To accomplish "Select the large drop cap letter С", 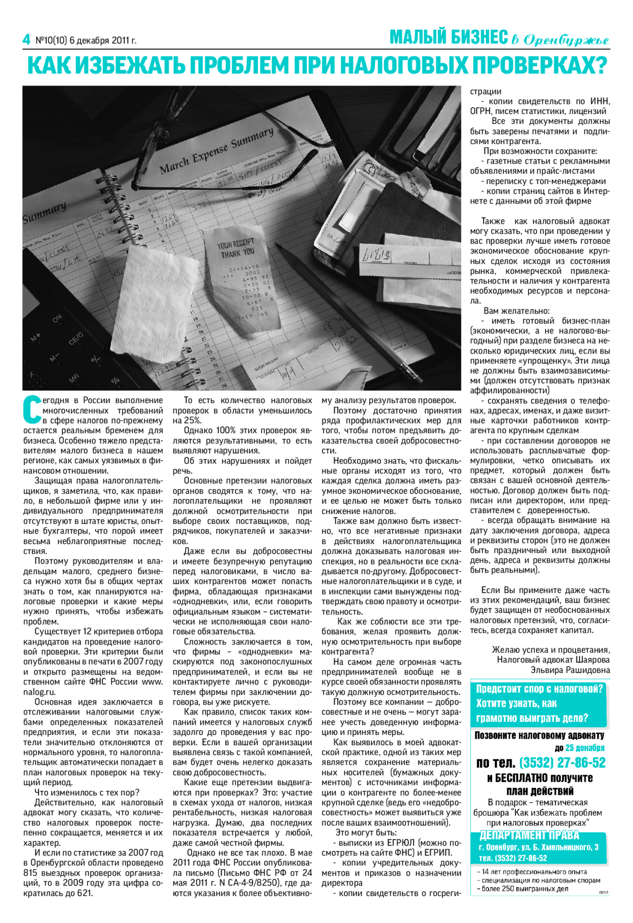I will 32,409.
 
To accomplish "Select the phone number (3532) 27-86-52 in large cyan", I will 562,763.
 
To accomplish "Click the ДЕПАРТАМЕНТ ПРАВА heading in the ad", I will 529,835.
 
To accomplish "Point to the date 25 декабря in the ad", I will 584,748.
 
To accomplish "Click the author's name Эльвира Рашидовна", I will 570,670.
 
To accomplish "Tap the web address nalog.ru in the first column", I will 39,692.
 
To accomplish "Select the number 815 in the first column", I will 30,872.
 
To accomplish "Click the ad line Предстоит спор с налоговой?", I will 539,689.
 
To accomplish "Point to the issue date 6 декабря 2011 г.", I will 103,41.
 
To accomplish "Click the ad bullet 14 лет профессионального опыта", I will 533,872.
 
